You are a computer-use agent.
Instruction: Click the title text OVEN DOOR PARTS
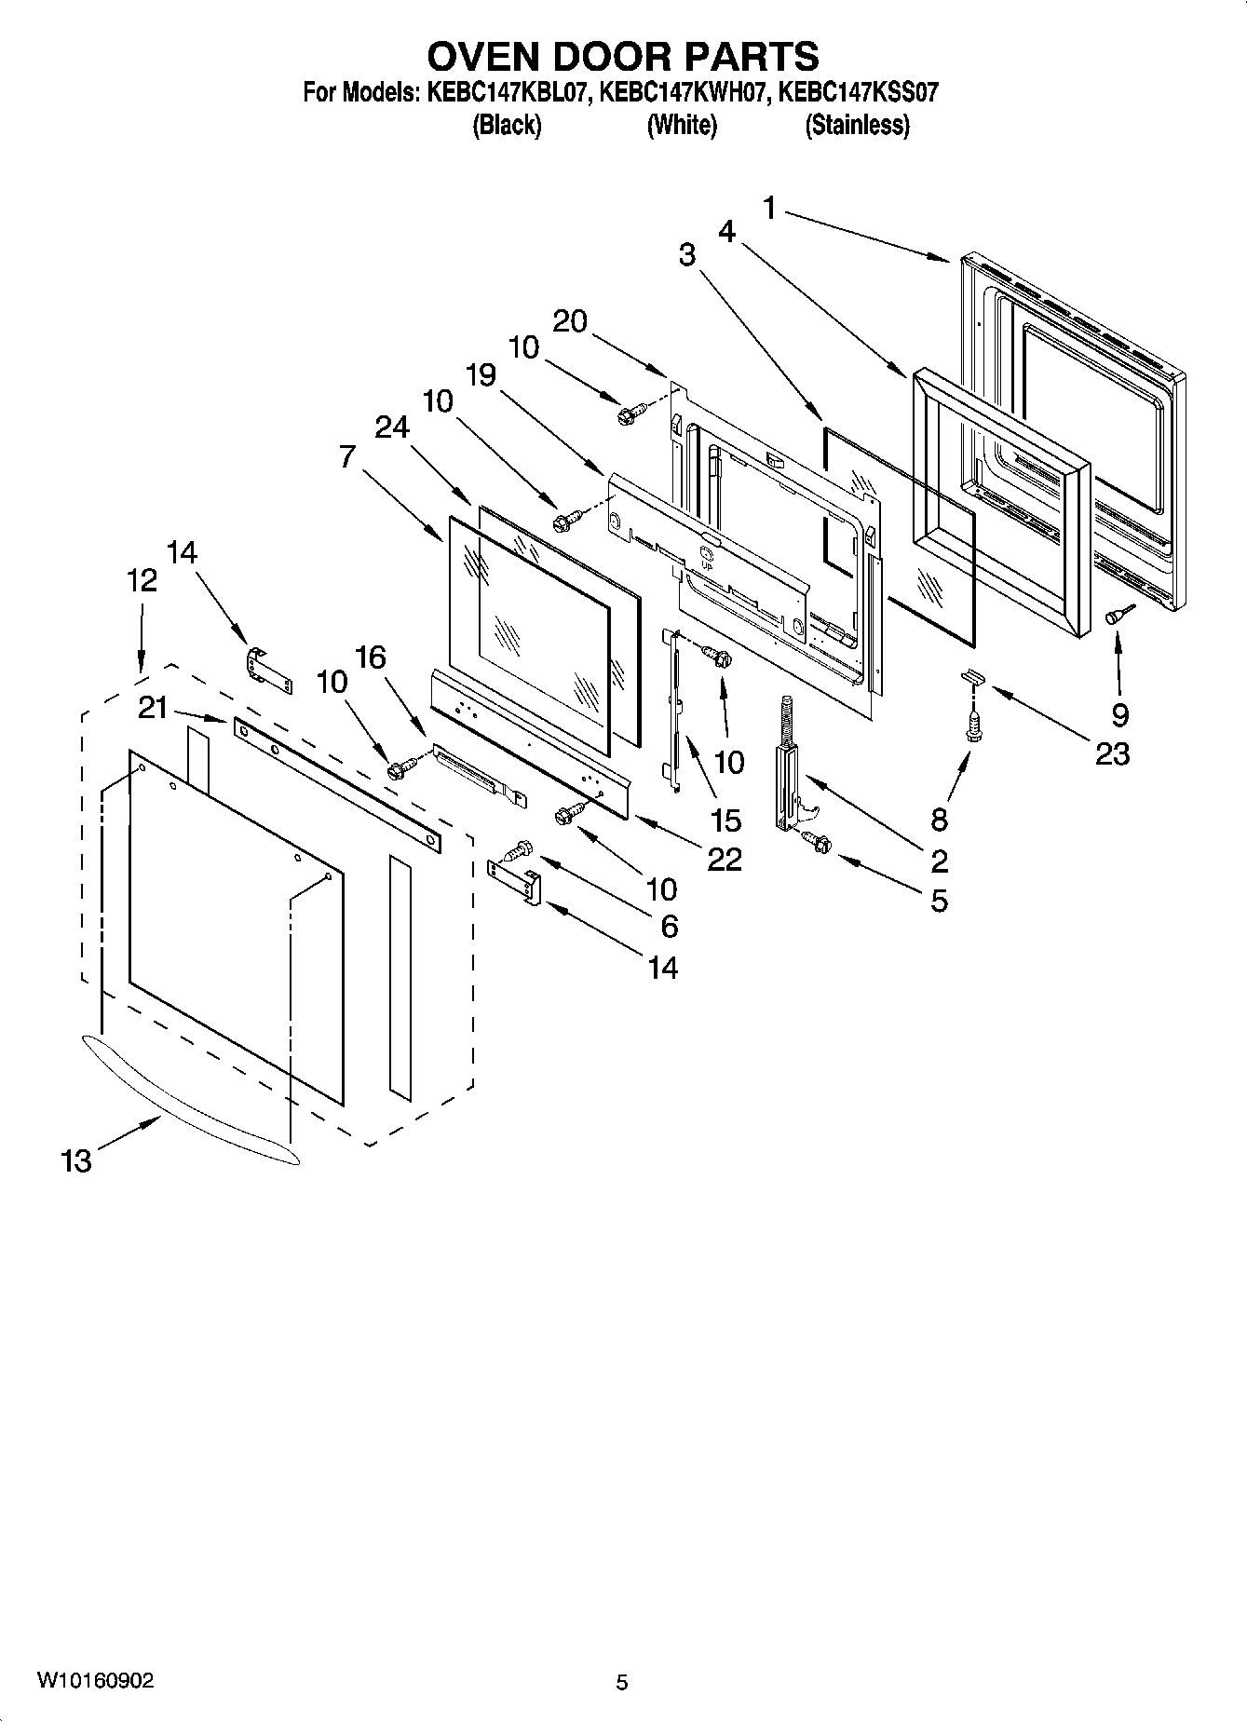click(622, 57)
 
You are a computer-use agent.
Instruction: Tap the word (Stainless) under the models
click(856, 125)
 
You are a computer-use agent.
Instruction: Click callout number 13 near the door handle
click(76, 1160)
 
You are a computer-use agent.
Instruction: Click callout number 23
click(1113, 753)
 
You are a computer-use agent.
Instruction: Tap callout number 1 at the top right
click(769, 209)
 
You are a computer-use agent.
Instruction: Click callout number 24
click(392, 427)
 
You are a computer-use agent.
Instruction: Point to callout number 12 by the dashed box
click(142, 580)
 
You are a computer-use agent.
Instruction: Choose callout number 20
click(570, 321)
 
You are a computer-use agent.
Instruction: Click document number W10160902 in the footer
click(96, 1680)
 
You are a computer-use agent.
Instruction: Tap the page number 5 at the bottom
click(622, 1682)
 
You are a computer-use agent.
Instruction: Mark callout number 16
click(370, 658)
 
